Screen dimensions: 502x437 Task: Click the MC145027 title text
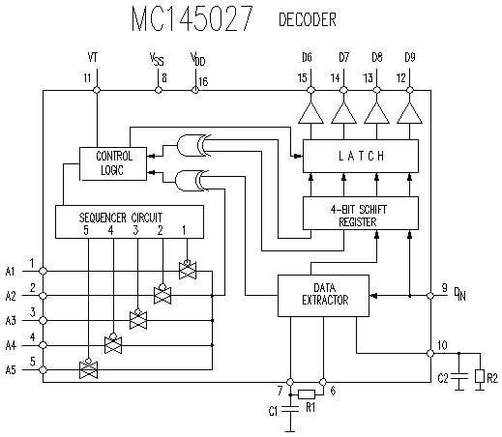192,18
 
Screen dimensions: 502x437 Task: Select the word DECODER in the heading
308,19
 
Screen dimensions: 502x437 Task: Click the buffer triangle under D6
310,113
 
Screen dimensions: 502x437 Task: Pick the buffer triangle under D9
409,113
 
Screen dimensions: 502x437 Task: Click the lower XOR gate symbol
192,181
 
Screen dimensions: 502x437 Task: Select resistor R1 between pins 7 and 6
307,394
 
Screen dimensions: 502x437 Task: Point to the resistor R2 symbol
480,376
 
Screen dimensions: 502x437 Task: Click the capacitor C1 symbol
290,409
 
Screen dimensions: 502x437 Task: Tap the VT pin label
93,57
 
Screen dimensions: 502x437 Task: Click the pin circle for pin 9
430,296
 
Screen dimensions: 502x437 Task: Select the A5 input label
11,370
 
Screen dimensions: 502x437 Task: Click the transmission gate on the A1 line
188,270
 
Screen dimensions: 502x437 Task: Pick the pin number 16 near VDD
203,81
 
